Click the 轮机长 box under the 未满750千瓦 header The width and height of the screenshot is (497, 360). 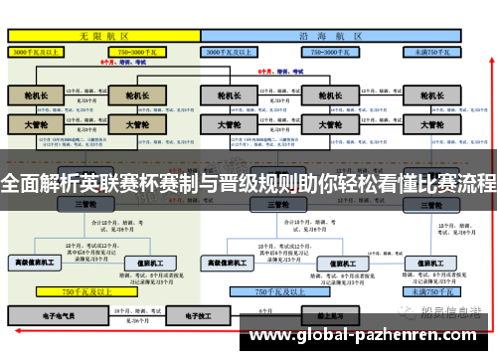pyautogui.click(x=430, y=96)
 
